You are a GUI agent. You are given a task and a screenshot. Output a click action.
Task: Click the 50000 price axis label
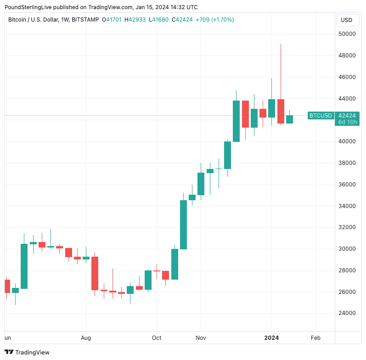pos(348,34)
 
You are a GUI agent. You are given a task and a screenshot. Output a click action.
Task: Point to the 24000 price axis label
pos(348,314)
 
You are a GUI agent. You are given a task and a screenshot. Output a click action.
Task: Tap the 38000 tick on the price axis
pos(348,163)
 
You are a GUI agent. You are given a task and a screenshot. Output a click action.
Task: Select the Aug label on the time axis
pos(86,338)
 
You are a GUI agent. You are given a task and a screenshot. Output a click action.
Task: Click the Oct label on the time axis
pos(157,338)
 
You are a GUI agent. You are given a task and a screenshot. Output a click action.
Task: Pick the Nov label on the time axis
pos(201,338)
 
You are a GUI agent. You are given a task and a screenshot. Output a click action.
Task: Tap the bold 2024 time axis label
pos(271,338)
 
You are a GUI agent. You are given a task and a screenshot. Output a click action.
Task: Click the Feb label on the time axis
pos(315,338)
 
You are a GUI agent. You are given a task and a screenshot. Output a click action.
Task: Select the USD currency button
pos(347,20)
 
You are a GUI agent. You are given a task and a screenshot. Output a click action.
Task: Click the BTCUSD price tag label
pos(321,116)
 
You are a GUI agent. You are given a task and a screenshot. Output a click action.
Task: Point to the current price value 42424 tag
pos(347,116)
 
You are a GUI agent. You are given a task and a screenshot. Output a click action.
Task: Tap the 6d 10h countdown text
pos(347,122)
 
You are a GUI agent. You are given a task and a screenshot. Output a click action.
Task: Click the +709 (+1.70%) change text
pos(214,20)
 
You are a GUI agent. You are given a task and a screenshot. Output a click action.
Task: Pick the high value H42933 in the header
pos(137,20)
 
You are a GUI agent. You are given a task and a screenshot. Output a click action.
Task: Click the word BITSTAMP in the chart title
pos(86,20)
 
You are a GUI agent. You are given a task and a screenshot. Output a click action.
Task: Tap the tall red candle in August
pos(95,273)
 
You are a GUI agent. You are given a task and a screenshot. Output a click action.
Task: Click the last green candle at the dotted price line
pos(289,119)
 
